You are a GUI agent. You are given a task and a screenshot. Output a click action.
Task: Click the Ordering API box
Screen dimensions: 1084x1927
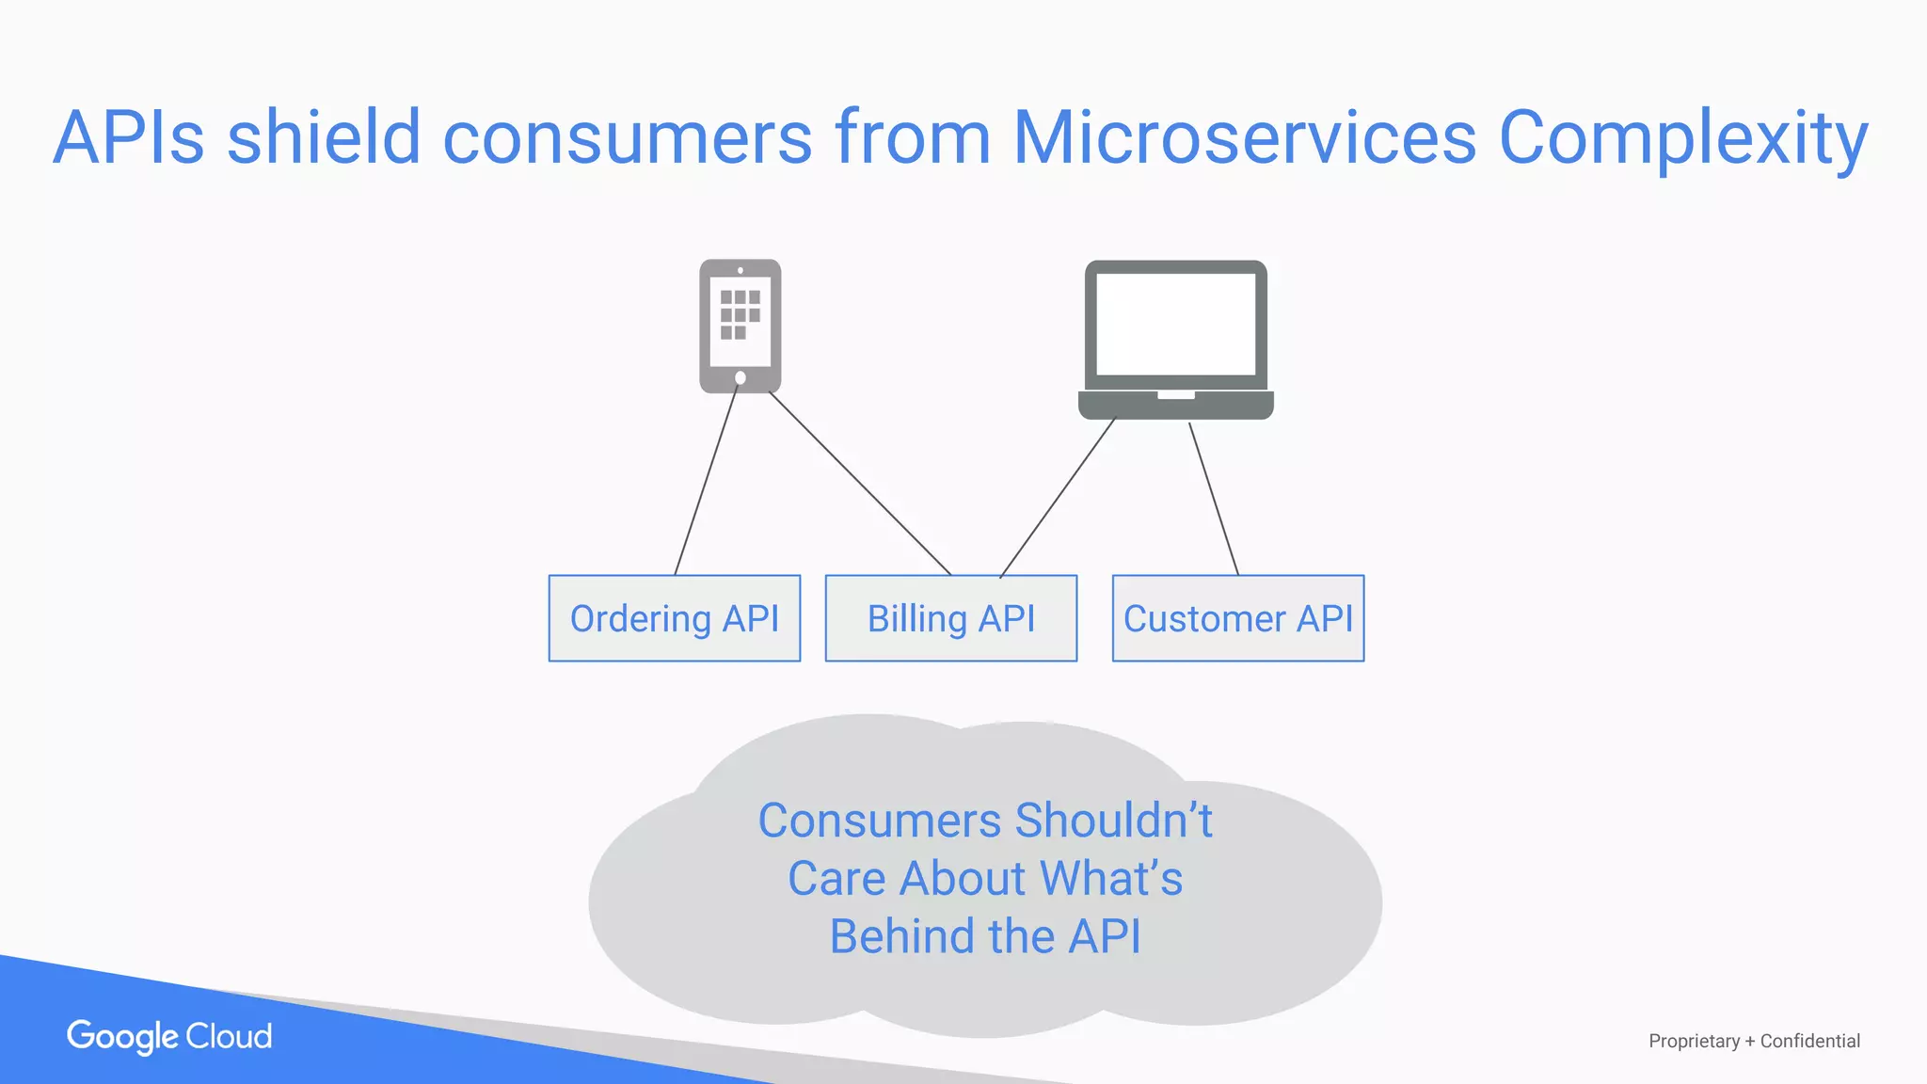point(674,618)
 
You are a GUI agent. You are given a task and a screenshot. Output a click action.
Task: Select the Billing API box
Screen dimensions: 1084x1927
point(950,618)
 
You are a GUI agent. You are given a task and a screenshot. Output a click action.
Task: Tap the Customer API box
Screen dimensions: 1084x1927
point(1237,618)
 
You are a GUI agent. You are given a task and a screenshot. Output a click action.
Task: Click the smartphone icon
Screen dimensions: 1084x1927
point(740,325)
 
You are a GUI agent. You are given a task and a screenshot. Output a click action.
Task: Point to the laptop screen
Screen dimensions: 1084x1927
point(1175,324)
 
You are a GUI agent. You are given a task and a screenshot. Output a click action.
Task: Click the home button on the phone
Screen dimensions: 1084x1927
point(741,378)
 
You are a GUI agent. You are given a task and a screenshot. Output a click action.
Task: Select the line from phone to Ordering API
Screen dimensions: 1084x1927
point(706,482)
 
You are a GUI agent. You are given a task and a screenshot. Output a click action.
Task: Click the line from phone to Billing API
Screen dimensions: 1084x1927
point(860,483)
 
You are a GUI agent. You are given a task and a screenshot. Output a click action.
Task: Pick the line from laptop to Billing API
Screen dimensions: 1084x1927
point(1058,498)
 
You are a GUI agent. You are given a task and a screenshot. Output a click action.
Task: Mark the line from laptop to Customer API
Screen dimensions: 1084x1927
point(1214,499)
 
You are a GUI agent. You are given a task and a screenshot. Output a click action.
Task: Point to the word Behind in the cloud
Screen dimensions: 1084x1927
point(901,937)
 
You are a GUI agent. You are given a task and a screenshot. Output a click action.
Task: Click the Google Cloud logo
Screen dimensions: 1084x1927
point(169,1036)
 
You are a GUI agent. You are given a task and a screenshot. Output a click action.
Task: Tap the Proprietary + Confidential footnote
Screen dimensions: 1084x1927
point(1754,1041)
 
